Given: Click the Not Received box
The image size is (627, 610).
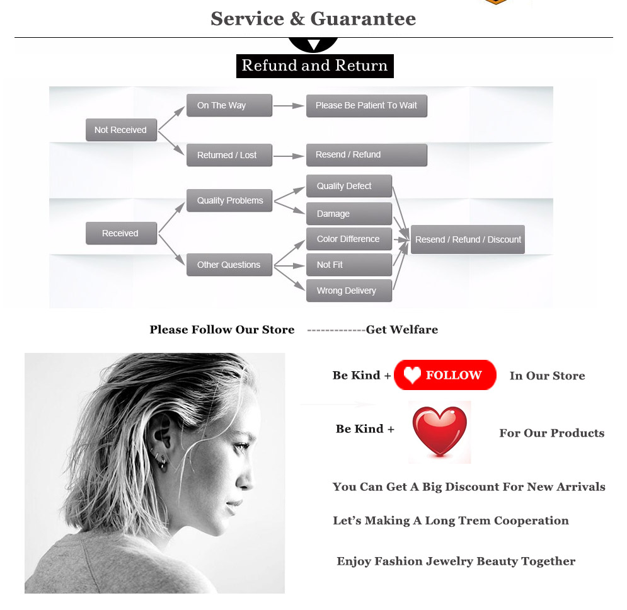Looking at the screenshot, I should coord(121,130).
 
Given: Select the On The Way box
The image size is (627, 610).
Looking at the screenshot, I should coord(229,105).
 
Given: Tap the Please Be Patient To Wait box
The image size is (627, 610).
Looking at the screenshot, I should coord(366,105).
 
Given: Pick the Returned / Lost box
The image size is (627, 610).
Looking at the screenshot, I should coord(229,155).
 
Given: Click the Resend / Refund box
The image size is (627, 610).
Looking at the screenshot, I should coord(366,154).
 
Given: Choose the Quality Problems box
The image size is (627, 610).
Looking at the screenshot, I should coord(229,200).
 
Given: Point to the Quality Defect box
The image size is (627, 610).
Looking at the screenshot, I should coord(349,186).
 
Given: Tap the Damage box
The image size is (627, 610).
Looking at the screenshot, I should coord(349,214).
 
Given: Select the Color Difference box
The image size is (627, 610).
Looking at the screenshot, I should coord(349,239).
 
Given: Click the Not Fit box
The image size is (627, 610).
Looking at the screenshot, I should coord(349,265).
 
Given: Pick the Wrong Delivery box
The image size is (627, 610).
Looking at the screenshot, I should coord(349,291).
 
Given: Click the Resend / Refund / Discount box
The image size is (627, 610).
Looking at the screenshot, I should coord(468,239).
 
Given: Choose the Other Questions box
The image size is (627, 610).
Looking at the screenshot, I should coord(229,265).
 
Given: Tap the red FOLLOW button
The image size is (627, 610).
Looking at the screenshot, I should coord(445,375).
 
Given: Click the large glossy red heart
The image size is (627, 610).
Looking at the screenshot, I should coord(440,431).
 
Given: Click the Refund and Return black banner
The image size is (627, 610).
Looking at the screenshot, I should coord(314,66).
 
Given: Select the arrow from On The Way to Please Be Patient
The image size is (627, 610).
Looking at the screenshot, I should coord(289,106).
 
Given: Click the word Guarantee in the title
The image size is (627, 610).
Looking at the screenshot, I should coord(363,18).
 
